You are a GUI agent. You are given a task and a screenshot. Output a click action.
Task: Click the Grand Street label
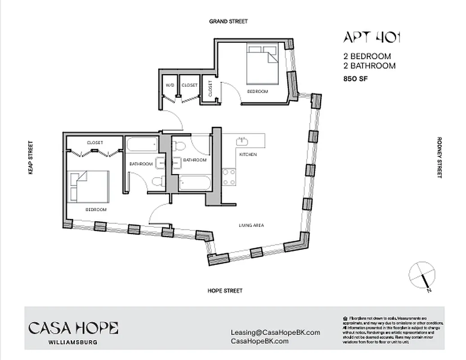[x=228, y=21]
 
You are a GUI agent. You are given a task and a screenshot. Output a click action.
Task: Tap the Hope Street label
[x=225, y=291]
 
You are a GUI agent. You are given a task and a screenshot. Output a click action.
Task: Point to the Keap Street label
[x=31, y=157]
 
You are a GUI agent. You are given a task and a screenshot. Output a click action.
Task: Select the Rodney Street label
[x=439, y=157]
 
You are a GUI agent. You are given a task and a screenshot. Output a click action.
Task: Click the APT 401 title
[x=372, y=38]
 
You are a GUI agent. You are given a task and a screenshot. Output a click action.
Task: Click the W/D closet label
[x=170, y=85]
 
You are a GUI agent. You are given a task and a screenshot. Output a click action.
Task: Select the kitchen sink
[x=242, y=140]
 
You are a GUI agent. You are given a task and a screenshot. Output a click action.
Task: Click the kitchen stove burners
[x=229, y=176]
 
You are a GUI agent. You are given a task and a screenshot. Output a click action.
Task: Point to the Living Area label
[x=251, y=225]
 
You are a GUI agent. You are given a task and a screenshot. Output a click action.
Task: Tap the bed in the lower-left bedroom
[x=88, y=186]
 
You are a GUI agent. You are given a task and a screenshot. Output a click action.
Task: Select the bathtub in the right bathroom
[x=194, y=183]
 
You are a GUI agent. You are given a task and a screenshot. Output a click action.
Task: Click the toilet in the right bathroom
[x=179, y=145]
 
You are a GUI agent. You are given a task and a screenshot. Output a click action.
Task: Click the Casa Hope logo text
[x=73, y=328]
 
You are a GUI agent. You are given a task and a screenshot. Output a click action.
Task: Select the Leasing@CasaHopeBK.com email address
[x=275, y=333]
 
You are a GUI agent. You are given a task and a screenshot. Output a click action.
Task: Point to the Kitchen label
[x=248, y=154]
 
